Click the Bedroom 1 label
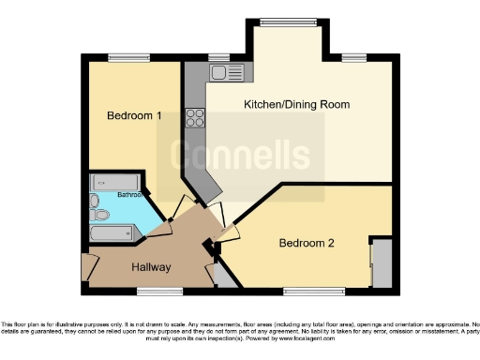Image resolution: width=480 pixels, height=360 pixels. [134, 116]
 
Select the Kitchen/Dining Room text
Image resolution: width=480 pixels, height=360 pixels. [296, 104]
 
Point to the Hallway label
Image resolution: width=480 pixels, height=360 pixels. [150, 267]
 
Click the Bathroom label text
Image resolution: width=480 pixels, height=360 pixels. [129, 195]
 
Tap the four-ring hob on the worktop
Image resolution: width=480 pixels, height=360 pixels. [197, 117]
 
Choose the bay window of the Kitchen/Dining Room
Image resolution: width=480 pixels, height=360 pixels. [285, 21]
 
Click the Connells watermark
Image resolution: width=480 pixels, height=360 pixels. [239, 156]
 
